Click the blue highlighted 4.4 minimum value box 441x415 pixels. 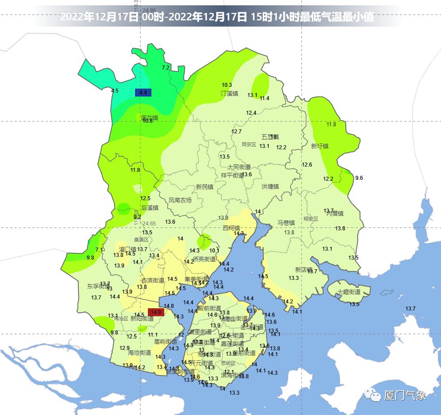pos(143,93)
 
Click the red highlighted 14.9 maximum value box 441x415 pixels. pos(156,312)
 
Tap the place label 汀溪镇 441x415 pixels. pos(229,93)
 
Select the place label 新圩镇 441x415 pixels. pos(320,146)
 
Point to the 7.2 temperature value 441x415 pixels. pos(166,68)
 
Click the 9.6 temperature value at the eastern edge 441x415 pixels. pos(359,178)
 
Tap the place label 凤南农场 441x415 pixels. pos(180,200)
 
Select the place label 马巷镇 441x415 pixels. pos(286,223)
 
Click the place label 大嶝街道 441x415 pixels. pos(349,292)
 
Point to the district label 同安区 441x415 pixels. pos(249,144)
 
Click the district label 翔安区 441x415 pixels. pos(311,219)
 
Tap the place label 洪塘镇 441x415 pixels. pos(270,186)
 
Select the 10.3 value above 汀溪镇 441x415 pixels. pos(227,85)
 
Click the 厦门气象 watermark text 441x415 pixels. pos(405,396)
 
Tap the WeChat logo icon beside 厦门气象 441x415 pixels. pos(373,395)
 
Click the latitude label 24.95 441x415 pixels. pos(149,10)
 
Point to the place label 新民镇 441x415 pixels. pos(205,187)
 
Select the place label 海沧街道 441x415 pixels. pos(139,353)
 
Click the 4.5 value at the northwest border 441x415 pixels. pos(115,91)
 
